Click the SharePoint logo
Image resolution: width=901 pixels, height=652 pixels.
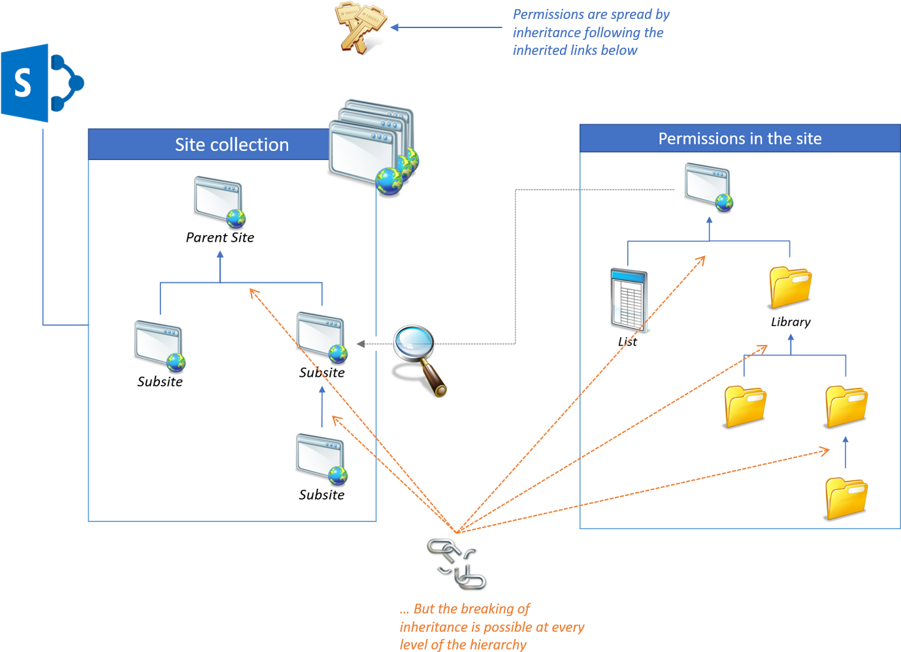click(x=41, y=83)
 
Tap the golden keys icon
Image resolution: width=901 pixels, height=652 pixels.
click(x=359, y=27)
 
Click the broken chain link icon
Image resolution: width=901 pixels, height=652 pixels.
click(x=456, y=563)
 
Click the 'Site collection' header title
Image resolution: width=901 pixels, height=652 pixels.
click(x=231, y=144)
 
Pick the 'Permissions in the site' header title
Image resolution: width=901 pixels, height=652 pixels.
click(x=740, y=139)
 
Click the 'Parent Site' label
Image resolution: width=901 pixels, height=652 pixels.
click(x=220, y=238)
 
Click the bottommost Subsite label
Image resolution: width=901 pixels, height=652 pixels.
click(x=321, y=495)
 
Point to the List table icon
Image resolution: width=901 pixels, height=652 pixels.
click(x=629, y=301)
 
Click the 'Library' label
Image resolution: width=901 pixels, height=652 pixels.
click(x=791, y=322)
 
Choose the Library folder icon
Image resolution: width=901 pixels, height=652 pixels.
click(x=790, y=287)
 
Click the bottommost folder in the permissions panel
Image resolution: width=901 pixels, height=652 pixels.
click(x=845, y=498)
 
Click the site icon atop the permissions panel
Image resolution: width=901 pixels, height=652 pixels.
click(x=708, y=187)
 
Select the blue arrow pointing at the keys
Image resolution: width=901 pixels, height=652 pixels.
click(x=447, y=27)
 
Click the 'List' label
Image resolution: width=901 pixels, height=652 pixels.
click(x=627, y=342)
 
